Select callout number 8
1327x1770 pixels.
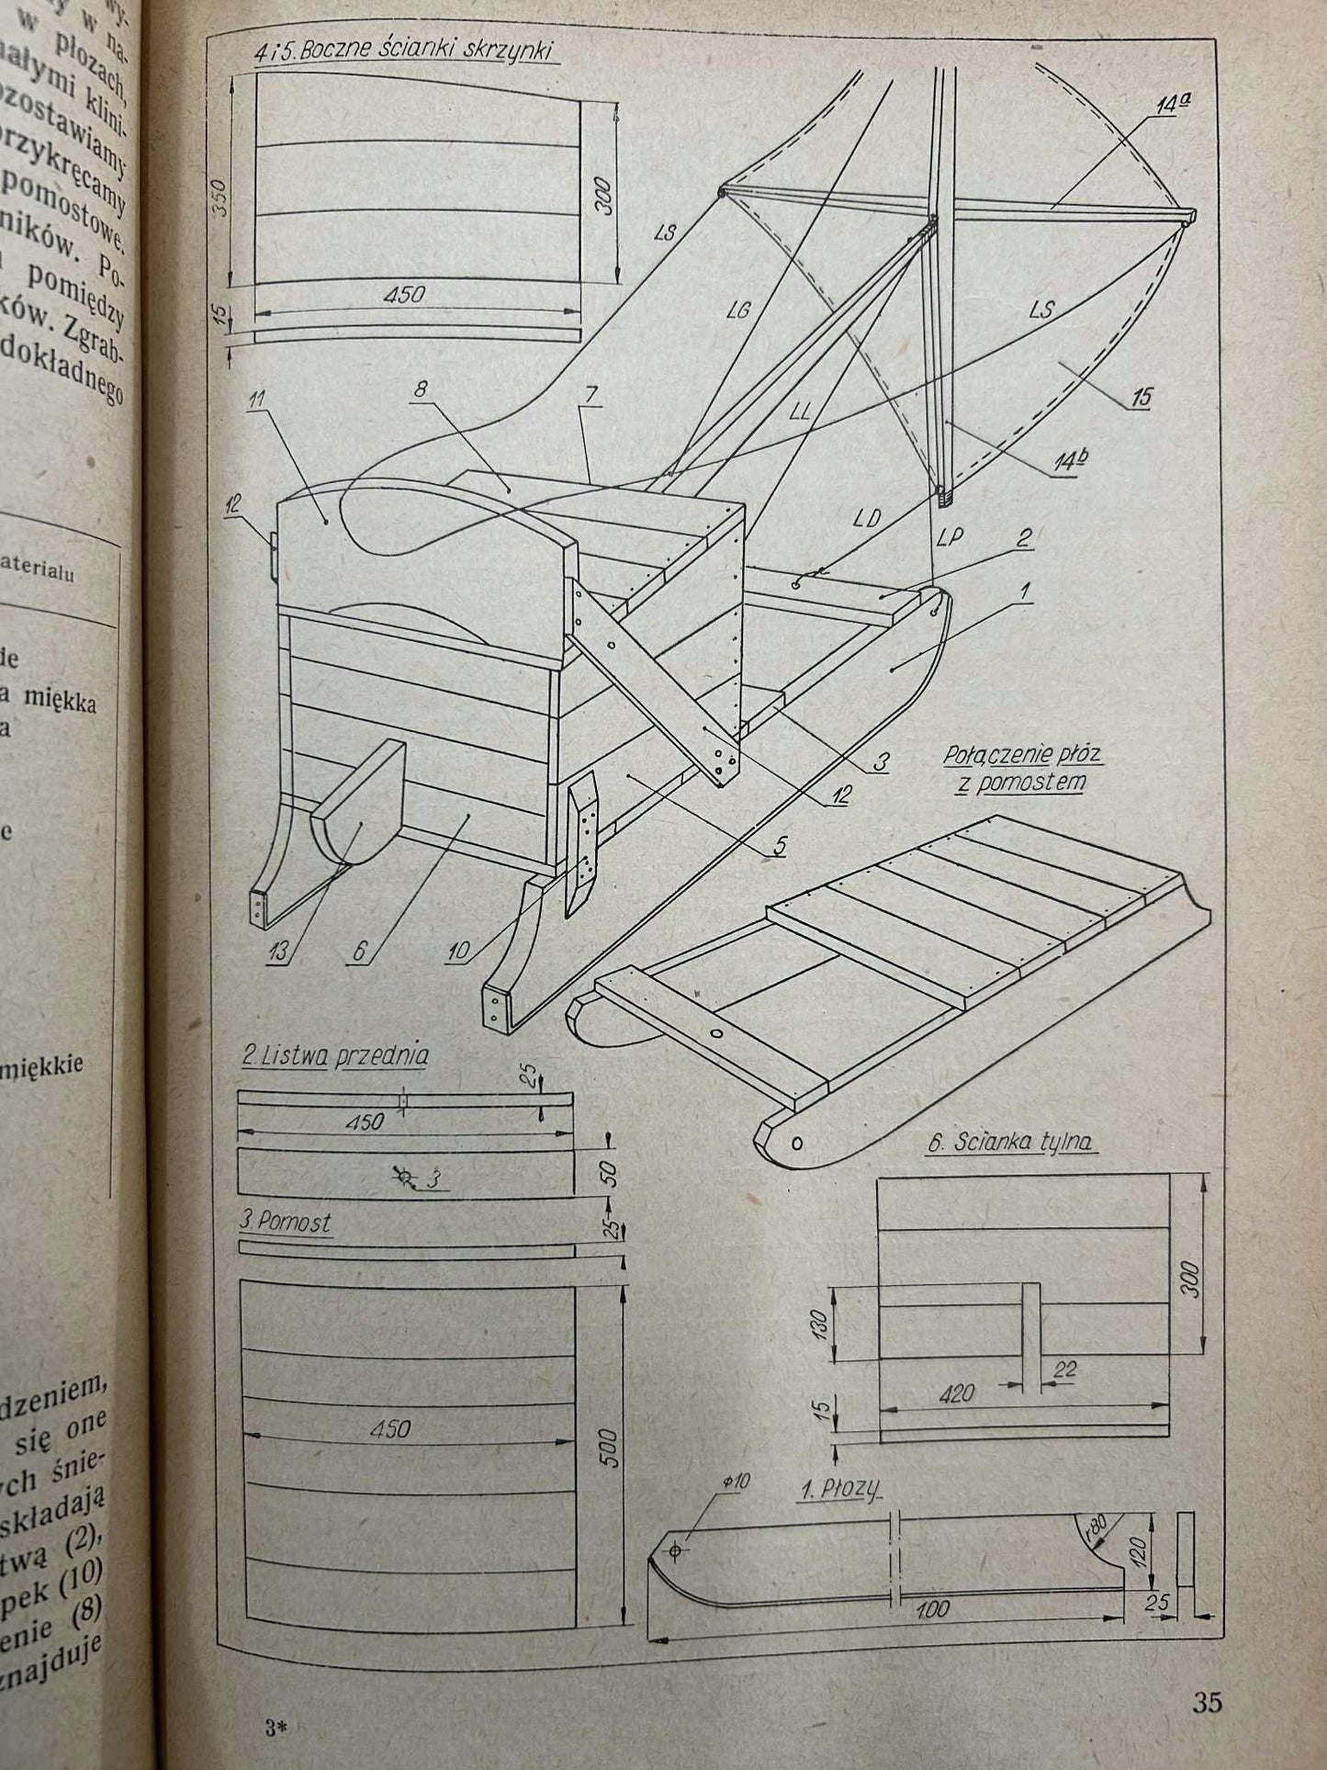click(x=420, y=389)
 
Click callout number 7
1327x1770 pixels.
click(x=589, y=395)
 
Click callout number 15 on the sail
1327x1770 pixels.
click(x=1141, y=398)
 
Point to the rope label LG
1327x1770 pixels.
click(x=738, y=310)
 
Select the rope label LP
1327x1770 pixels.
click(x=950, y=537)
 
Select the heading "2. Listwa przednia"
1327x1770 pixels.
click(x=334, y=1055)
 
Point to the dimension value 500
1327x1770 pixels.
click(x=611, y=1447)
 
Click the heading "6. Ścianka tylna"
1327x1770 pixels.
click(x=1009, y=1143)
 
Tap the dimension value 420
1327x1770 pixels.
click(x=956, y=1393)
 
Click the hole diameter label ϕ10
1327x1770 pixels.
click(x=737, y=1482)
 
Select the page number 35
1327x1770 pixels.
click(x=1208, y=1702)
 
